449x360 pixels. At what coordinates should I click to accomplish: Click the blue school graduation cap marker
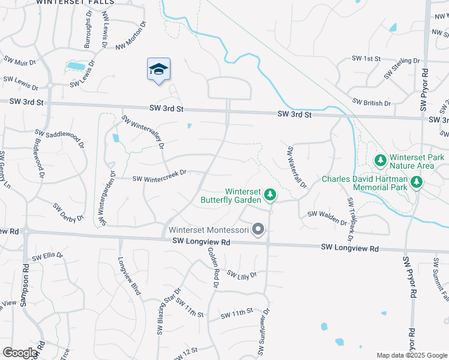(158, 70)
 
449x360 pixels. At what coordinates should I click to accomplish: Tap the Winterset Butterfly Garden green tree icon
(271, 194)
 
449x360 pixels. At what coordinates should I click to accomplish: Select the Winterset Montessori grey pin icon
(259, 229)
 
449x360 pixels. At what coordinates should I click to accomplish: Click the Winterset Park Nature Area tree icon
(379, 160)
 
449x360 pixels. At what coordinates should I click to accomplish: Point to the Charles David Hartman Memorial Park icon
(415, 181)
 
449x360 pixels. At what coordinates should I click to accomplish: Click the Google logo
(20, 353)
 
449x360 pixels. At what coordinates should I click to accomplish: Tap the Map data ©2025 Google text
(412, 355)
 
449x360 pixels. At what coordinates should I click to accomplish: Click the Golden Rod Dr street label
(213, 268)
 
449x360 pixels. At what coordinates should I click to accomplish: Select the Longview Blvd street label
(129, 276)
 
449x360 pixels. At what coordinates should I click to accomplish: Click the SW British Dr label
(372, 103)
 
